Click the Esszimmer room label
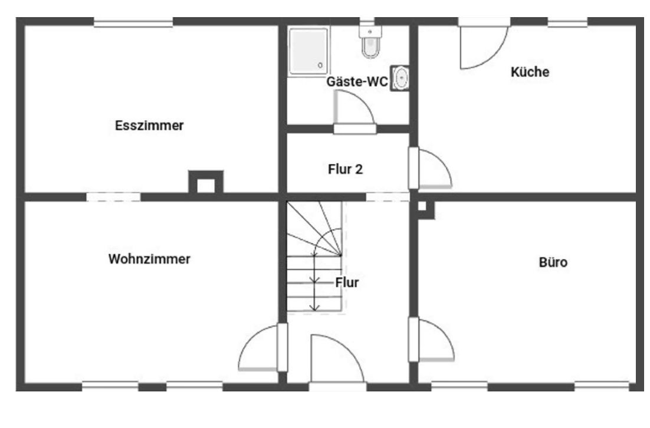(149, 125)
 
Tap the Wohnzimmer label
(149, 259)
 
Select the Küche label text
(530, 72)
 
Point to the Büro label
(553, 262)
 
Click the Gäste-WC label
(357, 81)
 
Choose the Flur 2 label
(345, 169)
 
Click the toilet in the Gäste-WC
(370, 41)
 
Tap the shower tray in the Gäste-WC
(308, 51)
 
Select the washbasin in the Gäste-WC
(400, 78)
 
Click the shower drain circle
(320, 65)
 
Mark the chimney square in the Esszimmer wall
(206, 182)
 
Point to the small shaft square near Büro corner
(422, 206)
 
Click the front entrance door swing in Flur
(337, 360)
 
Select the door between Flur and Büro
(431, 340)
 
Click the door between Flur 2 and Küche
(431, 168)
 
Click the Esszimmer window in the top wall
(133, 22)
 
